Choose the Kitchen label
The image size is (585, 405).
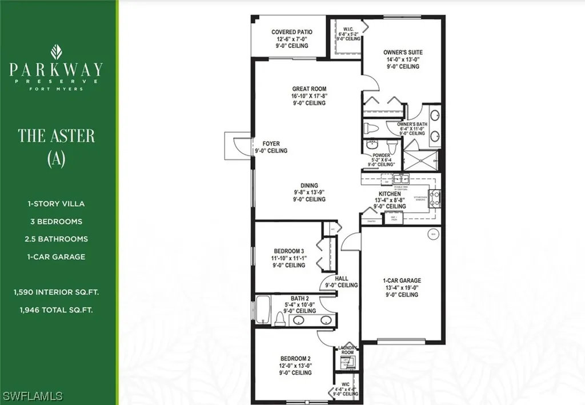click(390, 194)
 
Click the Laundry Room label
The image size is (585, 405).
click(348, 350)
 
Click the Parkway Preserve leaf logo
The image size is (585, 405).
click(56, 51)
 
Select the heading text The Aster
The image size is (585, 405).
click(56, 135)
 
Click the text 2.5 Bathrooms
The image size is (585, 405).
click(56, 239)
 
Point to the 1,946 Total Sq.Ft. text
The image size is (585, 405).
click(56, 310)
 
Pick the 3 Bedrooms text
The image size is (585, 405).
click(56, 221)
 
